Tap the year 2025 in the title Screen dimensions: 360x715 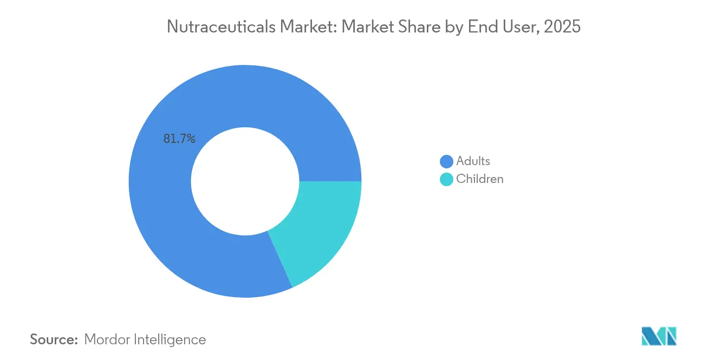click(x=562, y=27)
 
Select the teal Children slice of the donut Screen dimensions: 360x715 click(x=320, y=227)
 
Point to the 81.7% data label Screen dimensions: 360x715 click(x=179, y=139)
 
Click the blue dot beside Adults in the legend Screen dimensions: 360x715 click(x=446, y=161)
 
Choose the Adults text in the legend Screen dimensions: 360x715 click(x=473, y=161)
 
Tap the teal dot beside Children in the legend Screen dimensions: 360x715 click(x=446, y=179)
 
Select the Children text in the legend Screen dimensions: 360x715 click(x=479, y=179)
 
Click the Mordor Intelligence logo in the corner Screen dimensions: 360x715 click(x=659, y=336)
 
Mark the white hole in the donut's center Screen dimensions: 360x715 click(x=245, y=181)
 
